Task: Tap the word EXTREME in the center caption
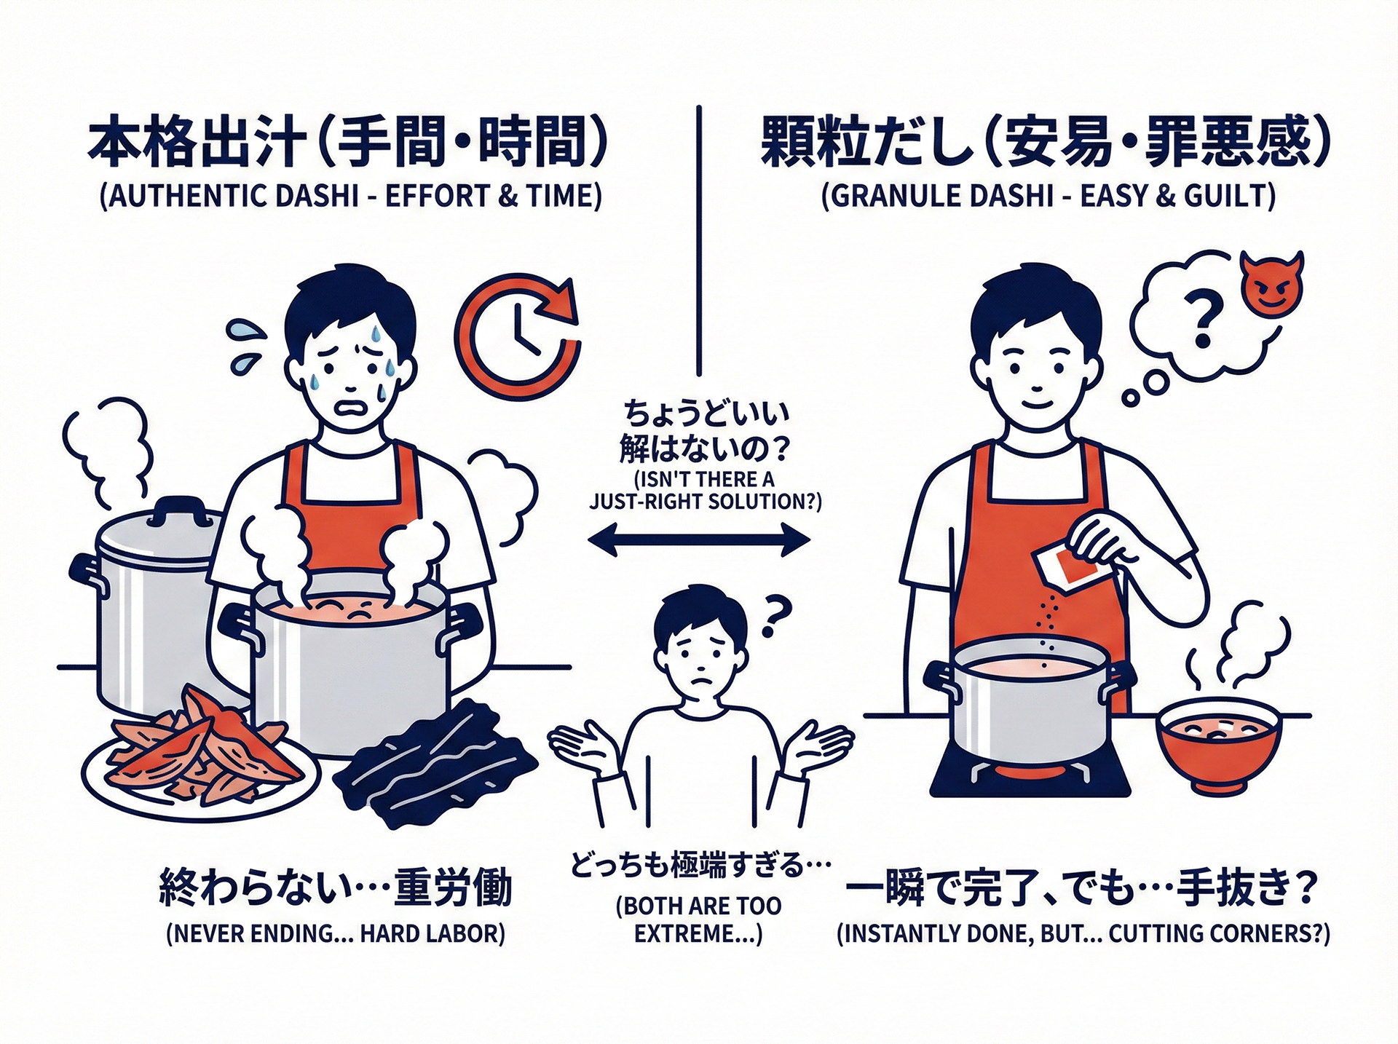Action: (687, 934)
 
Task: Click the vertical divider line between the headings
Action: (699, 240)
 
